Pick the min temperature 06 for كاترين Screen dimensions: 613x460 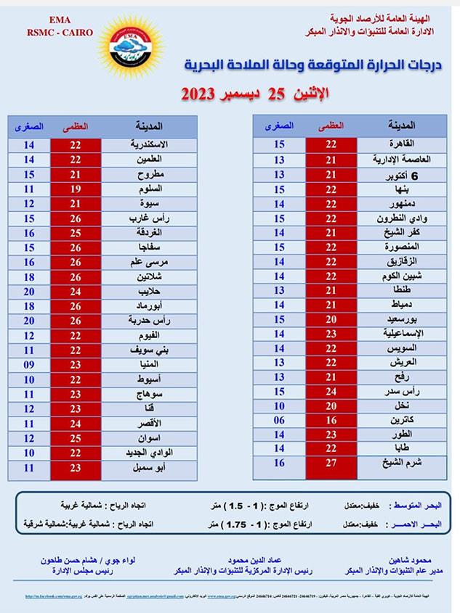pos(279,420)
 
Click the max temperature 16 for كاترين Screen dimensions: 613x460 pos(331,420)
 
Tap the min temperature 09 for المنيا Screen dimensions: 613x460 pos(29,364)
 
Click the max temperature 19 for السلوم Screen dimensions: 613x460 pos(76,189)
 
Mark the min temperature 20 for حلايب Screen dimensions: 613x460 pos(29,291)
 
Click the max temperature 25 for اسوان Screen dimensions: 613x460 pos(76,438)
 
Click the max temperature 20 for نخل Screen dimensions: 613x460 pos(331,406)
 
